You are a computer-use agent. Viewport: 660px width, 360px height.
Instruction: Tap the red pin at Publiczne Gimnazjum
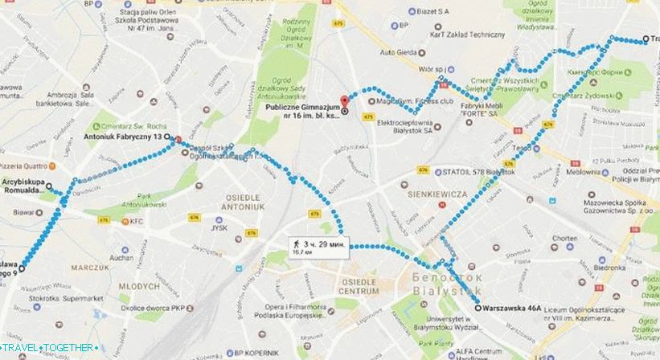tap(344, 102)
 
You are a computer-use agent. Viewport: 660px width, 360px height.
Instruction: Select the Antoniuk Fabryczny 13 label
tap(129, 137)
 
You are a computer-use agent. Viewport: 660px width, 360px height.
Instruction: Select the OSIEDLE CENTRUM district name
tap(359, 287)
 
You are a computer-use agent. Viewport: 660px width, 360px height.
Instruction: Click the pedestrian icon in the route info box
tap(297, 242)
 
